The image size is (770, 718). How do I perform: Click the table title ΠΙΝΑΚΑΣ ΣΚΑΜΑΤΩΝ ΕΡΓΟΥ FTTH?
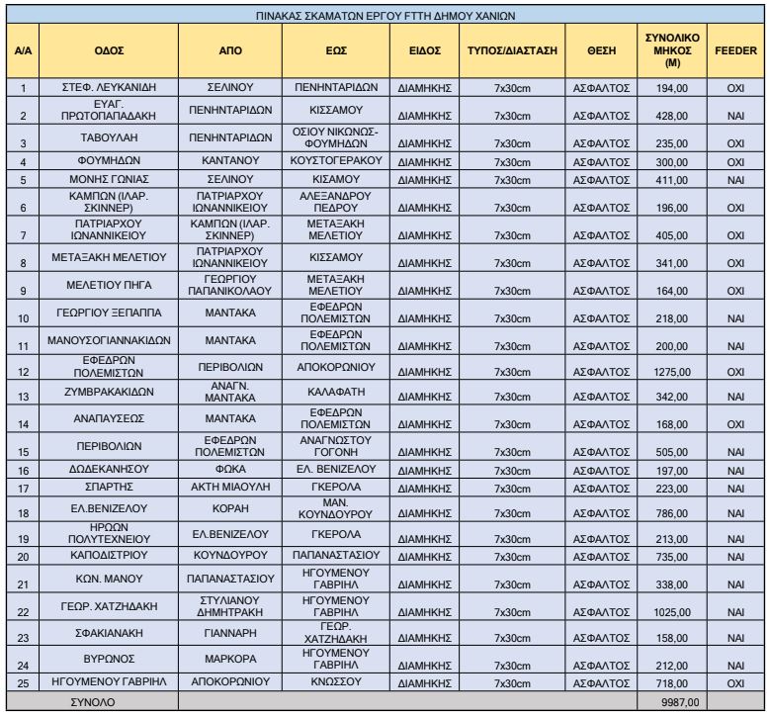[384, 15]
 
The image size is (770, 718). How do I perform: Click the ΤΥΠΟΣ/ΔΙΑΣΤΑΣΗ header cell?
[512, 48]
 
